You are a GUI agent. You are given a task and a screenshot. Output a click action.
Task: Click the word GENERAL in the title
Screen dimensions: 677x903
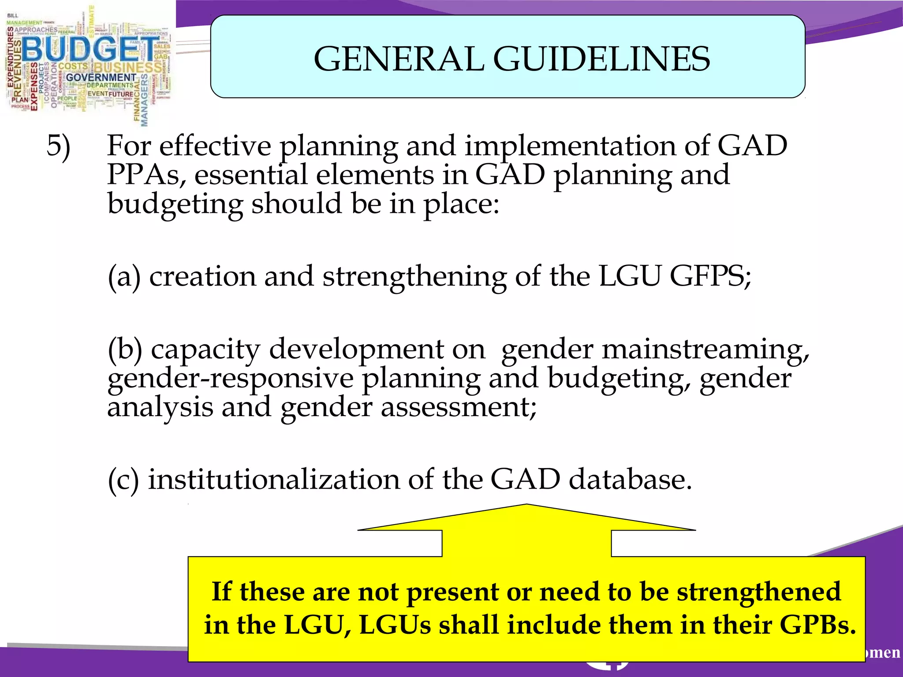point(399,59)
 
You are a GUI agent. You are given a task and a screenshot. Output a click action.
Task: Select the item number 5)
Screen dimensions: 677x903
point(58,146)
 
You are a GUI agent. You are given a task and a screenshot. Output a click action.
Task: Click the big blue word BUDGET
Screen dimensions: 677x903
point(90,48)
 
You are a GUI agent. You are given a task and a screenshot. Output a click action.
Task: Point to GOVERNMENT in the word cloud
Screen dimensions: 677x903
point(101,78)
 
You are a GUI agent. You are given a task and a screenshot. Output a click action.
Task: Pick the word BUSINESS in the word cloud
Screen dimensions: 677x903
point(128,67)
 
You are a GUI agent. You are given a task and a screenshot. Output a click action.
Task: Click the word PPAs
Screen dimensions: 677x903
point(143,175)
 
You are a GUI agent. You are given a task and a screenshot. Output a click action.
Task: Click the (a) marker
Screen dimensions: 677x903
point(124,277)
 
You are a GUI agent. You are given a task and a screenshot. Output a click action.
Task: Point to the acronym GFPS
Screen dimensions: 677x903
point(710,277)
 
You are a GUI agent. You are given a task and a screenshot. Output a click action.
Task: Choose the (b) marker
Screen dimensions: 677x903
point(125,350)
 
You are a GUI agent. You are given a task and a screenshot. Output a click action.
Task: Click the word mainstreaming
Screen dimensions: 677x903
point(705,350)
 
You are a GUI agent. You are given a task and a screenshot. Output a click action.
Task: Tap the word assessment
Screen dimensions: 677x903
point(459,407)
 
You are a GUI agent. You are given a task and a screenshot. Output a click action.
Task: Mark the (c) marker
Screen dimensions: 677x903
point(123,480)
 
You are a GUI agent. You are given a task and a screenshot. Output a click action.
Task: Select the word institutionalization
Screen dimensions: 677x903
point(273,480)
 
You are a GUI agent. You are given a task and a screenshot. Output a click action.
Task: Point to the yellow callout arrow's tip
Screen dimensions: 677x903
point(526,506)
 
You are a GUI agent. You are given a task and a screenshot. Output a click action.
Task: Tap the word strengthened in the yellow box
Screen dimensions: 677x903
point(758,591)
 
